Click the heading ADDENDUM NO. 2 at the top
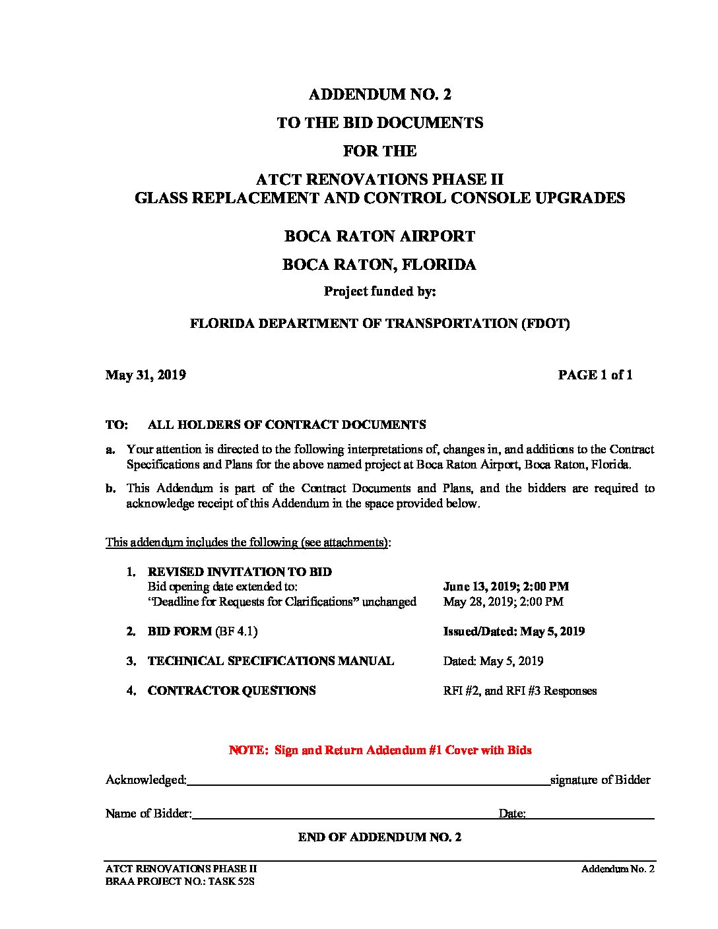pos(379,94)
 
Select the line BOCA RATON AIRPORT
pos(379,236)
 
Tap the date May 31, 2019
pos(145,375)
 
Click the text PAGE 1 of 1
pos(595,375)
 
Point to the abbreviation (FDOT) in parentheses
pos(546,323)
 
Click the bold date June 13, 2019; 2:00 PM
pos(506,587)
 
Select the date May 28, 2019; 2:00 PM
pos(503,602)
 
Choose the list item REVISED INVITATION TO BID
pos(240,572)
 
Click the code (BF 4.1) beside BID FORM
pos(236,631)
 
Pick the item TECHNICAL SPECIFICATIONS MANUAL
pos(271,661)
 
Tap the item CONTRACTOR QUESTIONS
pos(232,691)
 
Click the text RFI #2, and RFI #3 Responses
pos(520,691)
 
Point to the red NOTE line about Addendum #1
pos(380,750)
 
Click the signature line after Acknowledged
pos(368,783)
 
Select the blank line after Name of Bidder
pos(343,817)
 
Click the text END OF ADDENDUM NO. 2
pos(379,837)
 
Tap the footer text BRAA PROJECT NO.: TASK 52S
pos(179,881)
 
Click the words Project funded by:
pos(379,292)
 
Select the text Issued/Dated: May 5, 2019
pos(513,631)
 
